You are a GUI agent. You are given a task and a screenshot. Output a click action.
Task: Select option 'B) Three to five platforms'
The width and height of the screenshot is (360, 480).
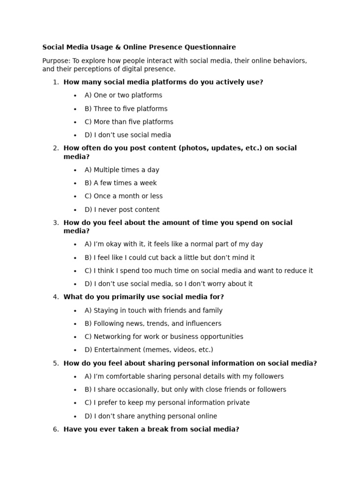pos(126,109)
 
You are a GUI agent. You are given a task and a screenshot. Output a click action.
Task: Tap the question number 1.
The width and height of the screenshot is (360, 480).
pos(56,82)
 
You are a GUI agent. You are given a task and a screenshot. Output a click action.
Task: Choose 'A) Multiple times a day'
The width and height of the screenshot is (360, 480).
pos(122,170)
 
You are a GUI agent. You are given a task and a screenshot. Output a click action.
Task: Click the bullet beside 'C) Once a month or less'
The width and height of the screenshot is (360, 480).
pos(75,197)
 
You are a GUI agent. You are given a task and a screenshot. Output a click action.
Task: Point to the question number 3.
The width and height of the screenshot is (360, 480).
pos(56,223)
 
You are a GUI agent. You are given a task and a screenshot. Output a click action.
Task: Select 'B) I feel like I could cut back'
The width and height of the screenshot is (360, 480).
pos(170,258)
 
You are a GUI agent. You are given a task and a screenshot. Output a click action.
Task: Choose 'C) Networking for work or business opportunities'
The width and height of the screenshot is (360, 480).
pos(164,337)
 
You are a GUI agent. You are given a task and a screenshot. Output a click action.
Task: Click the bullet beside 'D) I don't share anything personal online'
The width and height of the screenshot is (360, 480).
pos(75,417)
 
